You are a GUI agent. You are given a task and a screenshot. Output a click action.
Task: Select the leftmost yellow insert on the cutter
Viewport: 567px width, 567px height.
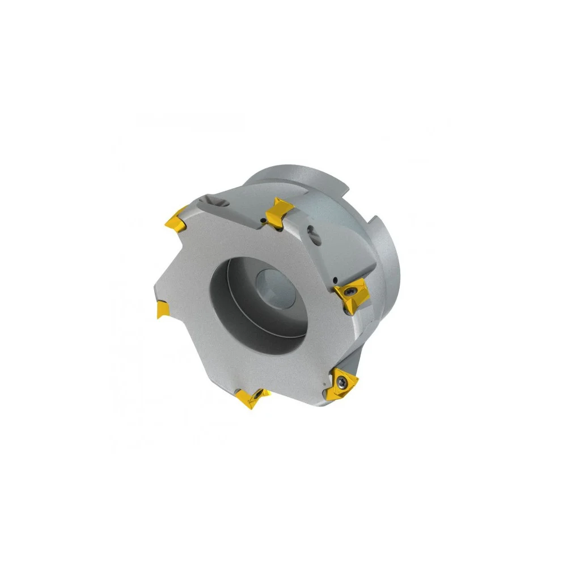point(162,309)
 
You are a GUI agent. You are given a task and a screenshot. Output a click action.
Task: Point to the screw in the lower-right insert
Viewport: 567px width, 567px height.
point(344,382)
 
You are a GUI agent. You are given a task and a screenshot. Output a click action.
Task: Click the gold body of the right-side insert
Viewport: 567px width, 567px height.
point(357,295)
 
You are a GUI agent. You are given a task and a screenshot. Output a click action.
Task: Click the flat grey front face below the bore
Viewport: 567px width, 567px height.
point(272,369)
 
